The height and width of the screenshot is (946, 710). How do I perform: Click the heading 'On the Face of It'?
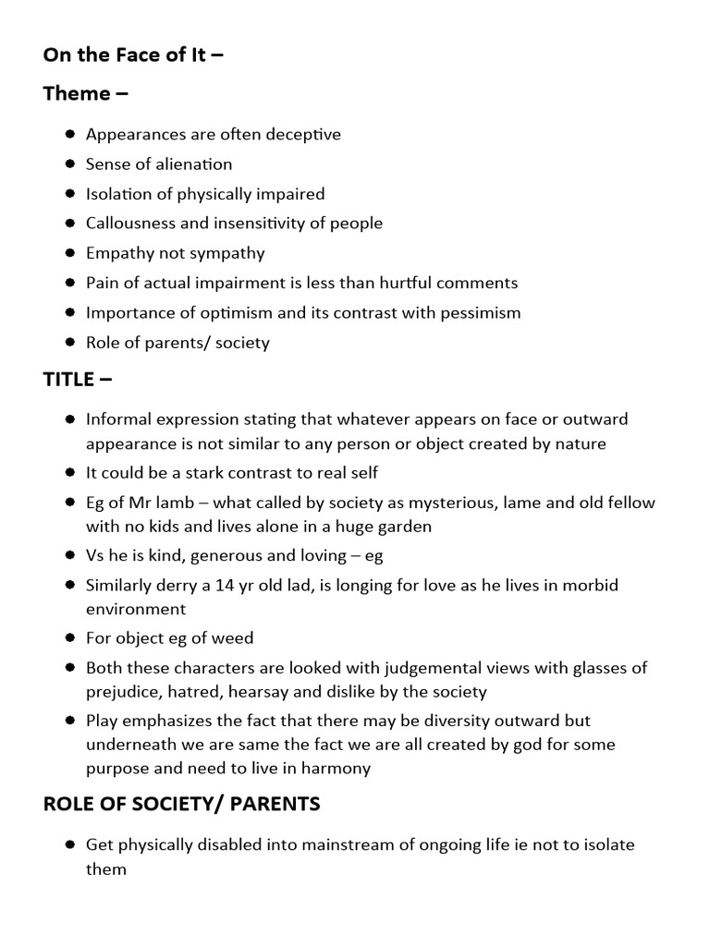[x=133, y=55]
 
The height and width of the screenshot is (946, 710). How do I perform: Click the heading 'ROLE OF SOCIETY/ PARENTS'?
[x=181, y=804]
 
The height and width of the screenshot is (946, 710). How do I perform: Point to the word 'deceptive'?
[x=303, y=135]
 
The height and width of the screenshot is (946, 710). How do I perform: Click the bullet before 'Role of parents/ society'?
[x=70, y=343]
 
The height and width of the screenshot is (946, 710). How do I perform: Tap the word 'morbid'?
[x=593, y=586]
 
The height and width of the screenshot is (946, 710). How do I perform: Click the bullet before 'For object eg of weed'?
[x=70, y=638]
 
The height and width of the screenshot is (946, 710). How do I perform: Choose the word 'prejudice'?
[x=123, y=691]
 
